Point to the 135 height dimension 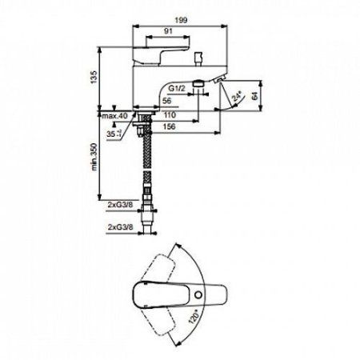92,77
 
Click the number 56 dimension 166,102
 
